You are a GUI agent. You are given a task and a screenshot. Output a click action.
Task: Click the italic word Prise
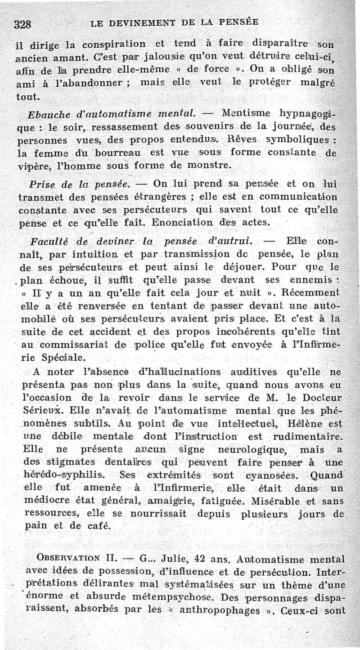pyautogui.click(x=43, y=184)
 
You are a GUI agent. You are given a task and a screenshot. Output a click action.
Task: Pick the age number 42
pyautogui.click(x=202, y=559)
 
